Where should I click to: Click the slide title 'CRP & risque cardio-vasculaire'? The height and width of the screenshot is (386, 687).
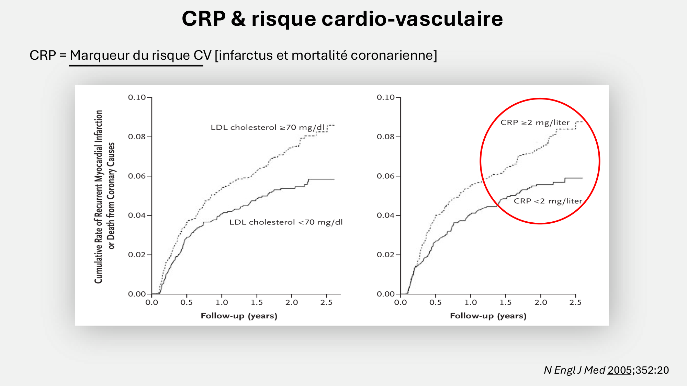[342, 19]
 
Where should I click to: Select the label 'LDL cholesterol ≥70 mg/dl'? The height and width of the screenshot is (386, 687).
[267, 128]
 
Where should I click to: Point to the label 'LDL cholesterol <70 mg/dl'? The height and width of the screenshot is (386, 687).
[286, 222]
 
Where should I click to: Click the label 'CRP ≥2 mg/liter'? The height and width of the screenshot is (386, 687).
[534, 122]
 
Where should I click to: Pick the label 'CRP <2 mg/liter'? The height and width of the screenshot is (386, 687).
[548, 201]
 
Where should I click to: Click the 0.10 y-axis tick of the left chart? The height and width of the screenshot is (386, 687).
[137, 97]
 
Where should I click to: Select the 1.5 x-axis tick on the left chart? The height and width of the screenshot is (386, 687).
[257, 303]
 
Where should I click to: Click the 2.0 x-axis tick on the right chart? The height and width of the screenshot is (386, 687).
[541, 303]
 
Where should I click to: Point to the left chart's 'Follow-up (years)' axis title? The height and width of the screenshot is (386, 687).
[239, 316]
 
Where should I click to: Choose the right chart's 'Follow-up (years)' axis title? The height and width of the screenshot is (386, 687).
[488, 316]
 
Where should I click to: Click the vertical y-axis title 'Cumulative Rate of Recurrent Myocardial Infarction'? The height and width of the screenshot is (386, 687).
[99, 197]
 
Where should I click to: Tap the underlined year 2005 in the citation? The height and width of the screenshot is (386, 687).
[619, 370]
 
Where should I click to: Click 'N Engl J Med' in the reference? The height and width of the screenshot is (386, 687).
[574, 370]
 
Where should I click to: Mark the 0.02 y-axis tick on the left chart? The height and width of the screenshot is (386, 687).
[137, 255]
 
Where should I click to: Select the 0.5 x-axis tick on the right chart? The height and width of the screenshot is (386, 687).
[435, 303]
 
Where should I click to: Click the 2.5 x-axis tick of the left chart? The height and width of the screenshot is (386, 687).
[326, 303]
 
